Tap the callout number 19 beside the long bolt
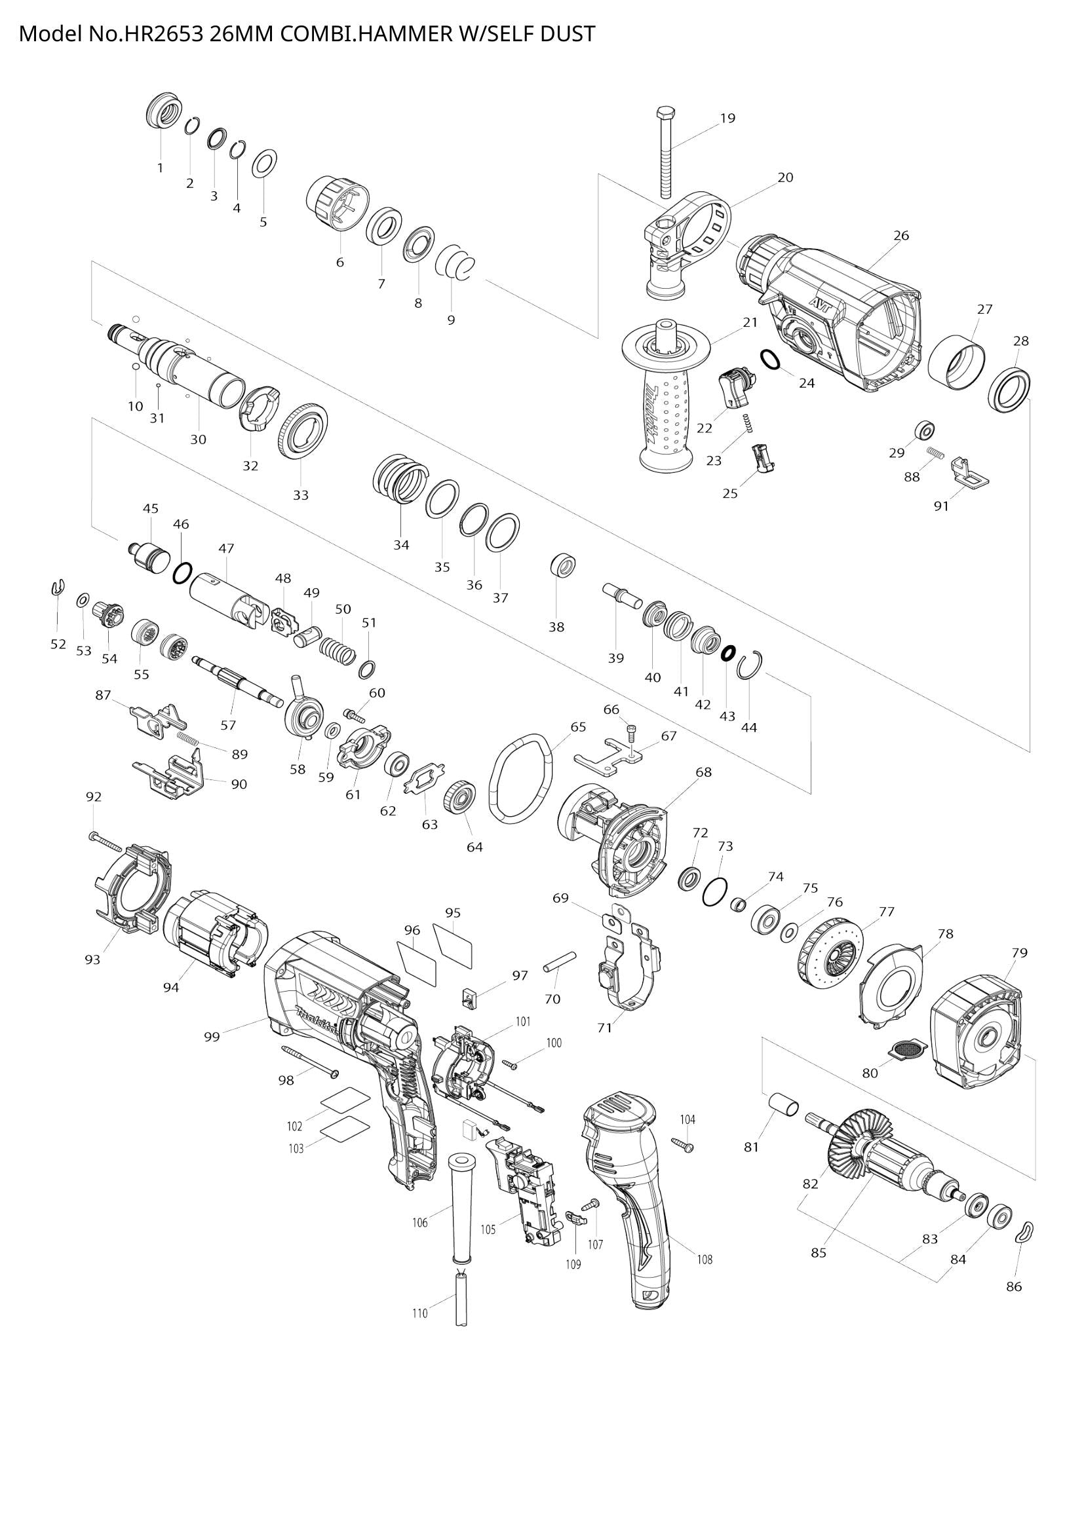pos(727,118)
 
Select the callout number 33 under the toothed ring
pos(300,495)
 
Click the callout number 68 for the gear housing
pos(703,772)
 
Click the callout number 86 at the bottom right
pos(1013,1286)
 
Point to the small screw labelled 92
pos(106,842)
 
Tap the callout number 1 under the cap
pos(160,168)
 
